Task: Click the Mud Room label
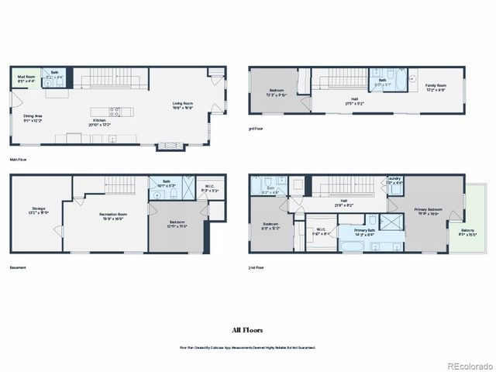click(26, 77)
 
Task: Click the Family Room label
click(436, 88)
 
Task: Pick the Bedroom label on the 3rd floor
click(277, 93)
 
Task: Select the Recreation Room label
click(113, 215)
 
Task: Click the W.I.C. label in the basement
click(210, 188)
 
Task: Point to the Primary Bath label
click(366, 231)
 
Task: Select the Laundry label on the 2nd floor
click(394, 181)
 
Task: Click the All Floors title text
click(247, 329)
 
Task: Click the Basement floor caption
click(18, 267)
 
